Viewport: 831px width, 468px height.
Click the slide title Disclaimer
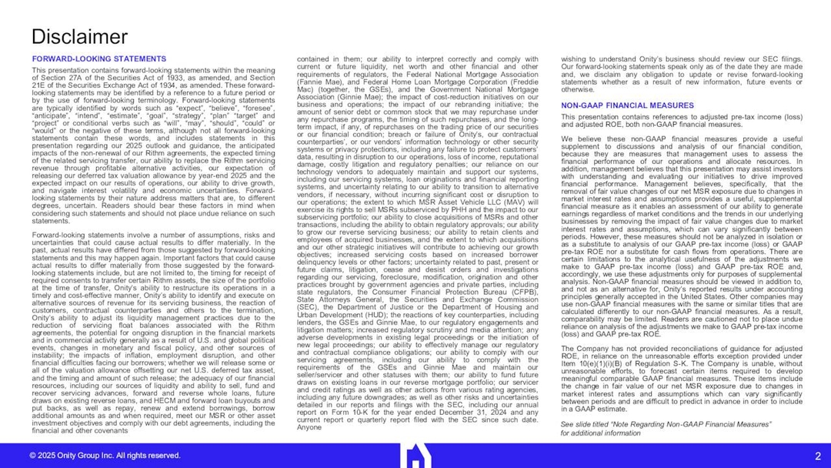click(x=78, y=36)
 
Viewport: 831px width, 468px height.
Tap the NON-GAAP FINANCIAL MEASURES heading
click(x=616, y=105)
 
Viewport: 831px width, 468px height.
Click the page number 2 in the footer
click(x=817, y=456)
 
